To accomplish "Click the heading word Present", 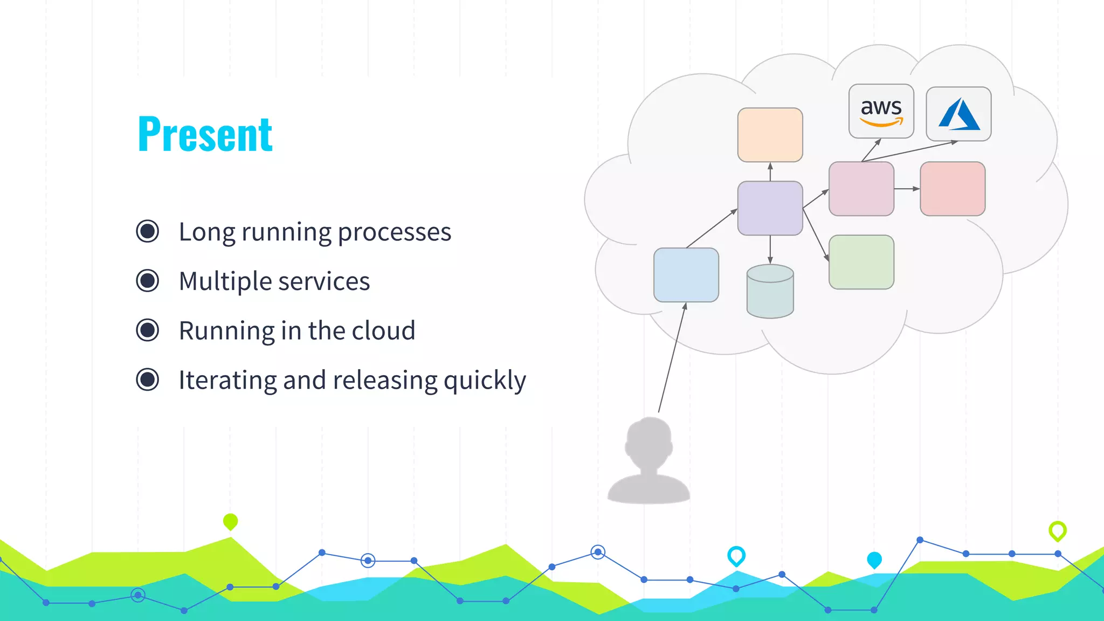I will coord(205,134).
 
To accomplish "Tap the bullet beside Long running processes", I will coord(147,231).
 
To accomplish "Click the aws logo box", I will coord(881,111).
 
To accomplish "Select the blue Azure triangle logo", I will coord(958,114).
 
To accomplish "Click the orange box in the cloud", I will coord(770,135).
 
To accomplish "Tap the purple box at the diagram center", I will coord(770,208).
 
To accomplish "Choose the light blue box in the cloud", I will coord(686,275).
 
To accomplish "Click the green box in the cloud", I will coord(861,262).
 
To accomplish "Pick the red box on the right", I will coord(953,189).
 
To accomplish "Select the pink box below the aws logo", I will coord(861,189).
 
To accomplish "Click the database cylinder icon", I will coord(770,291).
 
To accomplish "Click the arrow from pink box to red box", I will coord(907,189).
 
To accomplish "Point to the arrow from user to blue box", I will coord(672,358).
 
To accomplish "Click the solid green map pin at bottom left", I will coord(230,521).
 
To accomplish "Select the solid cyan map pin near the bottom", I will coord(874,560).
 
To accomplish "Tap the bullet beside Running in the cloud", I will coord(147,330).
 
